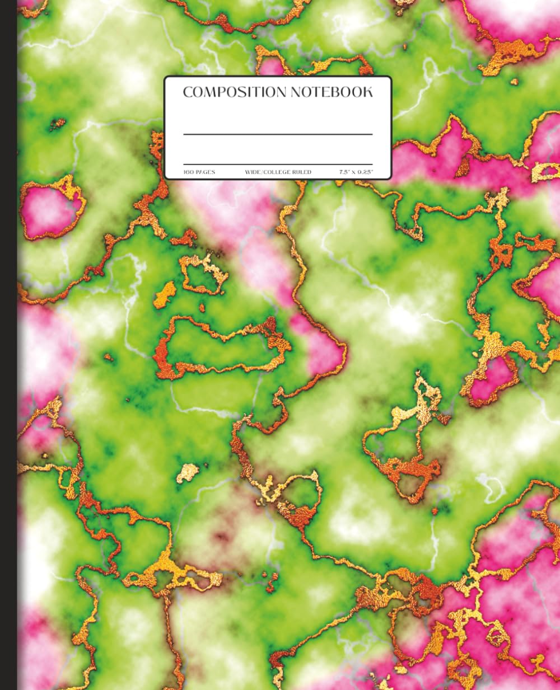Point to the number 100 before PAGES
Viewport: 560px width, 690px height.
click(188, 172)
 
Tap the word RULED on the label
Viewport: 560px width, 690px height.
click(302, 172)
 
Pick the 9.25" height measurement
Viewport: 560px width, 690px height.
click(365, 172)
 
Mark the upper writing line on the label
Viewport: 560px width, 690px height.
click(278, 134)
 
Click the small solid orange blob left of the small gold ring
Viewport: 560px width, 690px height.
click(165, 294)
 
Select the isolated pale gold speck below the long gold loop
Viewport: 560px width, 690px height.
click(188, 473)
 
